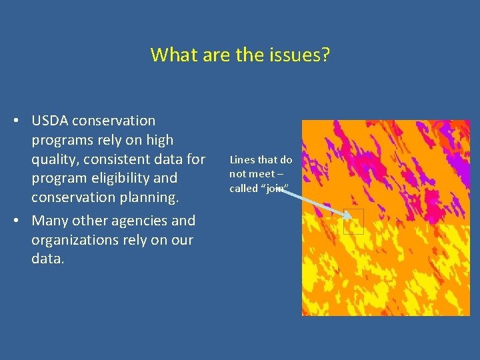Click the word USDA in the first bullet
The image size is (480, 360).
point(51,121)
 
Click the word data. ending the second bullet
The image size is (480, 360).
point(48,259)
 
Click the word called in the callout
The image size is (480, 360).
point(243,188)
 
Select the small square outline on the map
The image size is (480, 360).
point(353,221)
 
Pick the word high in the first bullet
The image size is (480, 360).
point(159,140)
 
